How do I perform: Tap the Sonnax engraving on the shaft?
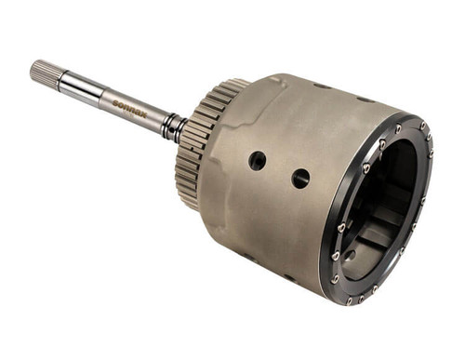pos(131,102)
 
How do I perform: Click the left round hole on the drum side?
pos(258,160)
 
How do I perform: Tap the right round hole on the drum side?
pos(300,178)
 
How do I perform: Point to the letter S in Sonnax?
pos(116,98)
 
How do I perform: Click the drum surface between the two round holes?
pos(279,169)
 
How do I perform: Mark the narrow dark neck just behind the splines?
pos(65,79)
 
